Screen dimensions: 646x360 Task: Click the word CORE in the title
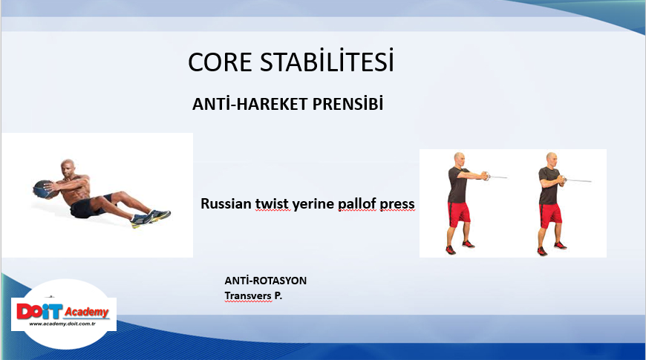click(x=220, y=62)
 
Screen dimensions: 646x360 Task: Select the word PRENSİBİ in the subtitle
click(x=348, y=103)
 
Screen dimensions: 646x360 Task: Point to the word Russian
click(x=226, y=203)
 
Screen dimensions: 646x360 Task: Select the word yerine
click(x=313, y=205)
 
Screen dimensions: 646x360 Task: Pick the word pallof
click(x=357, y=204)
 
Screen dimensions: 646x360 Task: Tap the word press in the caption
click(x=397, y=205)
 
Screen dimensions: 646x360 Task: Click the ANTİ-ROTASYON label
click(x=266, y=281)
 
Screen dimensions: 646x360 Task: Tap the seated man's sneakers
click(x=151, y=218)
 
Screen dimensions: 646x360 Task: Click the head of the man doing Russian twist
click(x=68, y=168)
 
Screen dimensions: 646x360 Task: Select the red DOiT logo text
click(x=39, y=312)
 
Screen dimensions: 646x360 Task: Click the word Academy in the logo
click(x=87, y=312)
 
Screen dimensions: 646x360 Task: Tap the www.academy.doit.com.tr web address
click(x=62, y=324)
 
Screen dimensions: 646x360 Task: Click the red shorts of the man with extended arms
click(x=459, y=213)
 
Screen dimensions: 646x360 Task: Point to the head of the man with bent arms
click(x=552, y=160)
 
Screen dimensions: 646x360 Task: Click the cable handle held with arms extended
click(x=486, y=176)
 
